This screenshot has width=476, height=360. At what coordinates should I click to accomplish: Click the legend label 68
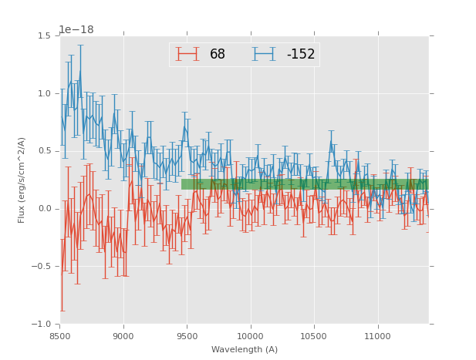(218, 54)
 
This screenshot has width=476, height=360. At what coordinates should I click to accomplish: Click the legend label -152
(301, 54)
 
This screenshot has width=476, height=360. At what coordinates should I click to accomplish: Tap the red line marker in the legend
(187, 54)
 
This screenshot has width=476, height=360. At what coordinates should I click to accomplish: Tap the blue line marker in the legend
(265, 54)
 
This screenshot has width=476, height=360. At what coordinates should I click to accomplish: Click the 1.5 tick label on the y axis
(46, 36)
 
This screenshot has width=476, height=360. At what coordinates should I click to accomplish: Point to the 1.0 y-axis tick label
(46, 94)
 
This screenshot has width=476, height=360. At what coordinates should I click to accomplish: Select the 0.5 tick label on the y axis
(46, 151)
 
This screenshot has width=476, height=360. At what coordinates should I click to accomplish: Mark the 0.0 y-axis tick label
(46, 209)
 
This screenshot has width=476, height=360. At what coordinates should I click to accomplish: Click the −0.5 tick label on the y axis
(44, 267)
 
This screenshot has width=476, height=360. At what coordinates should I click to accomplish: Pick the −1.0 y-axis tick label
(44, 324)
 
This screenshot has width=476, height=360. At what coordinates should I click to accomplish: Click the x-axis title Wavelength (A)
(245, 349)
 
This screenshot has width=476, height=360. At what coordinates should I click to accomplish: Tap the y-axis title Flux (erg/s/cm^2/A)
(22, 180)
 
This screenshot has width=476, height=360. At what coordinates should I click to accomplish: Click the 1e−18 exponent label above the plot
(76, 29)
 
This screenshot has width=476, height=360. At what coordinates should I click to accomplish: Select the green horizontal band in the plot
(305, 184)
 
